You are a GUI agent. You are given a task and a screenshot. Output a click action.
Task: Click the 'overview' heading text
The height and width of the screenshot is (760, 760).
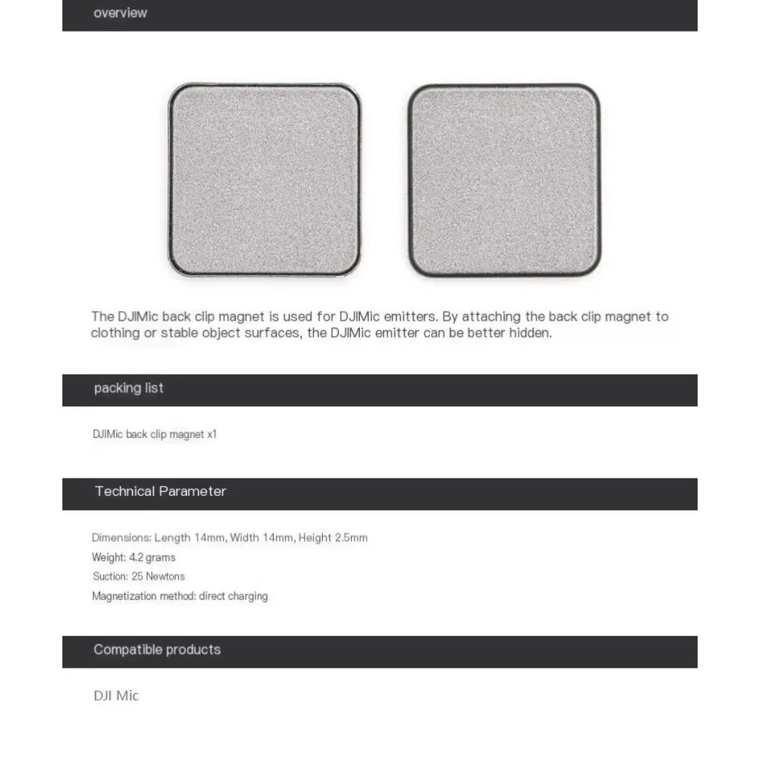(x=120, y=13)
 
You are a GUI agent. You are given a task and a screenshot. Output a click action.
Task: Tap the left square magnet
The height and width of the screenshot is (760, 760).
(x=264, y=180)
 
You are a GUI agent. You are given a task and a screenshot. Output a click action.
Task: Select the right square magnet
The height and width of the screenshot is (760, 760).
(x=505, y=180)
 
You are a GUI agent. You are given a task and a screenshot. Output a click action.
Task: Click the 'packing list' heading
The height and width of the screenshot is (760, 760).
(x=128, y=388)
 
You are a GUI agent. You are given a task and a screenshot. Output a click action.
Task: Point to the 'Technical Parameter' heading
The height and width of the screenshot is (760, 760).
(x=160, y=491)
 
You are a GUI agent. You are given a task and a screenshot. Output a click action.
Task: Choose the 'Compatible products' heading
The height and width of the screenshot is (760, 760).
(x=157, y=650)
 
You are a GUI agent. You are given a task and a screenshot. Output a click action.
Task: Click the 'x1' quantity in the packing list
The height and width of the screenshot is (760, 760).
(x=212, y=435)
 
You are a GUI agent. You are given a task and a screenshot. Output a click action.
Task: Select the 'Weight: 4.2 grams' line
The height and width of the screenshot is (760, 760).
(x=134, y=557)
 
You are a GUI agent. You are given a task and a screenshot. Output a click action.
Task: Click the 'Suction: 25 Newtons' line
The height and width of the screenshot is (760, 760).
(x=139, y=577)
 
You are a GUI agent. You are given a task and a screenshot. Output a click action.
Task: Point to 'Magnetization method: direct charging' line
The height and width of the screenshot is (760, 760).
(x=180, y=596)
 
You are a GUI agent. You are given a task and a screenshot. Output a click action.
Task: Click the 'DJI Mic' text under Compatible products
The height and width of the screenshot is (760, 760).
(x=116, y=696)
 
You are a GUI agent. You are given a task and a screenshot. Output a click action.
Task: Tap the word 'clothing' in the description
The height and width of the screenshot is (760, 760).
(x=114, y=333)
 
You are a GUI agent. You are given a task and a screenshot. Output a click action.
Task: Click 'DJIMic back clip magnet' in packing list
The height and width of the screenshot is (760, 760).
(x=148, y=435)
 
